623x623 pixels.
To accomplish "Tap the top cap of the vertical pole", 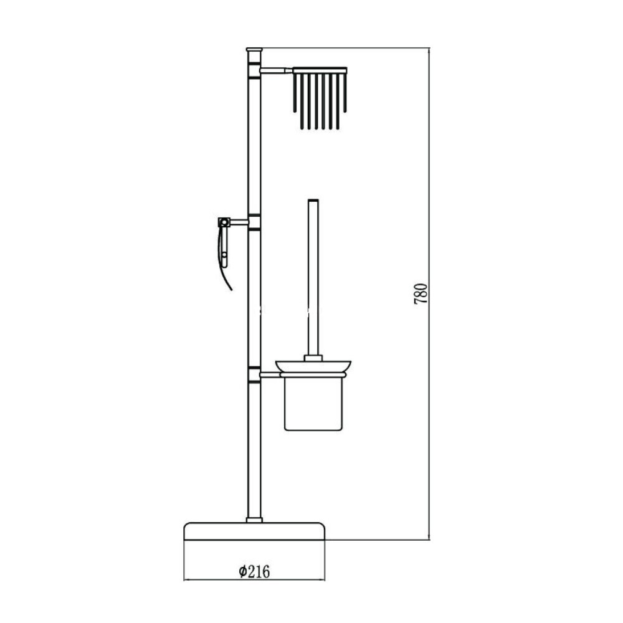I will tap(254, 48).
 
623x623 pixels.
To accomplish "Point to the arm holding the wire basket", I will tap(276, 70).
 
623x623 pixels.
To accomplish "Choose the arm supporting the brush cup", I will tap(270, 375).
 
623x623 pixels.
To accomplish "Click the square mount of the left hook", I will tap(222, 221).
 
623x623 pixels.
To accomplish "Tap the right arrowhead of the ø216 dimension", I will tap(323, 579).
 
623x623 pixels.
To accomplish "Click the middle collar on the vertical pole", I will tap(254, 222).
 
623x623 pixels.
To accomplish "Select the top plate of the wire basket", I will tap(320, 69).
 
